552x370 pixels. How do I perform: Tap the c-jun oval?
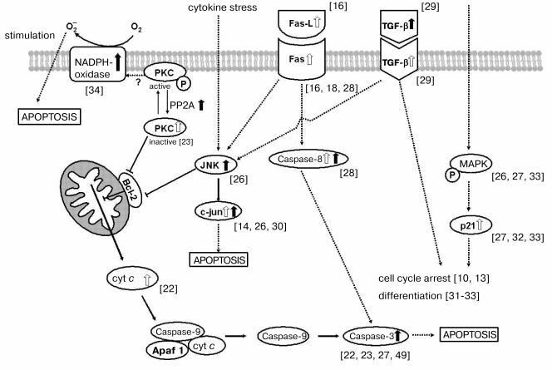tap(221, 212)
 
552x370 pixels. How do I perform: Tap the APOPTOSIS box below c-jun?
tap(220, 259)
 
